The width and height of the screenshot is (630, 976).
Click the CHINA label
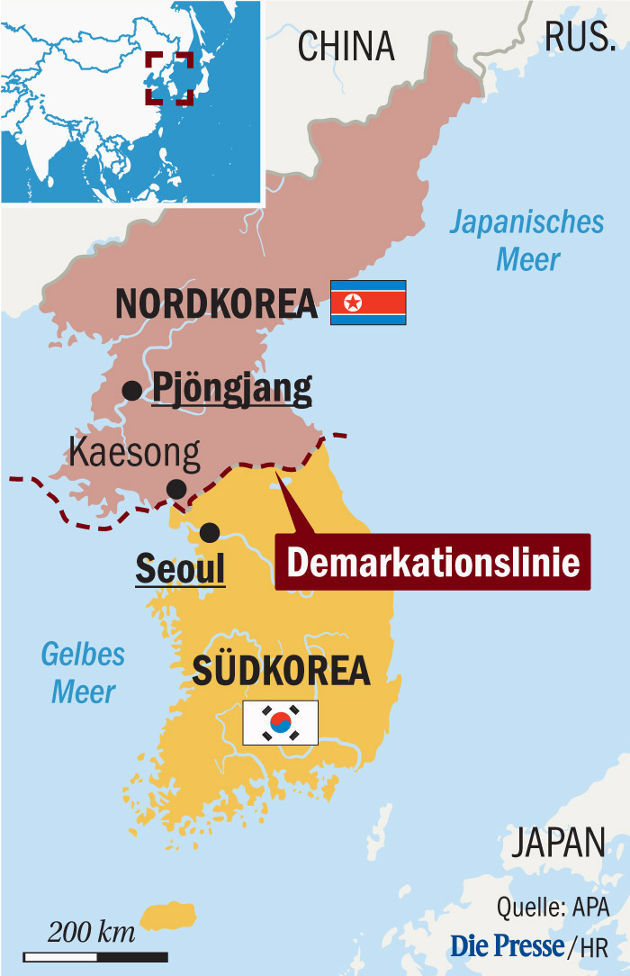coord(346,45)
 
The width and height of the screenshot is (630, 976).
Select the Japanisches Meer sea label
coord(527,240)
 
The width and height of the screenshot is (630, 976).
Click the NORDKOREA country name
coord(217,303)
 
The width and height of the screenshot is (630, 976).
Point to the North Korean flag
coord(368,303)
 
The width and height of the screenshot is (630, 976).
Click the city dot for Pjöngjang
coord(132,391)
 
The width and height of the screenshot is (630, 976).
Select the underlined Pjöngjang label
coord(232,389)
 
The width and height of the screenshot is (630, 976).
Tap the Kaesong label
coord(134,453)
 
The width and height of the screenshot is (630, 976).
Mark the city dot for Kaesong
coord(176,489)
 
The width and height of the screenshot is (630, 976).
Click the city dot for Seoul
coord(210,532)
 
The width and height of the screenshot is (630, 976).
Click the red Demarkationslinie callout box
coord(433,562)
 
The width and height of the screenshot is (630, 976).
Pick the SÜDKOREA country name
coord(282,671)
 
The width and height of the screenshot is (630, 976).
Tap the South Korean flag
coord(280,722)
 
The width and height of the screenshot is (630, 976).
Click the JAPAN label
coord(558,844)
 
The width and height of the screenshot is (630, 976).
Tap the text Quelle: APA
coord(553,905)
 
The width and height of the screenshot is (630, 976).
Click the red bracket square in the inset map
coord(169,78)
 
